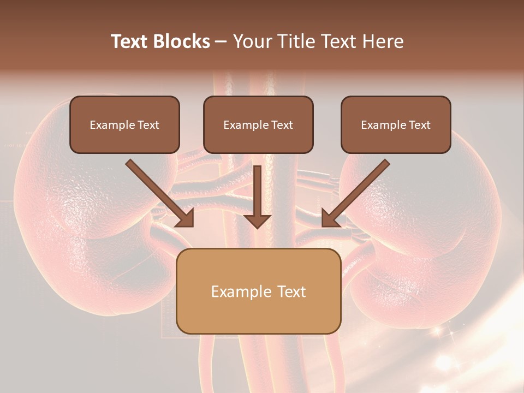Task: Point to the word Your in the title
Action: [x=253, y=41]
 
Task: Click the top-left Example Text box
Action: [x=124, y=124]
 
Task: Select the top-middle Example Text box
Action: [x=258, y=124]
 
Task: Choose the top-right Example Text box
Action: [x=396, y=124]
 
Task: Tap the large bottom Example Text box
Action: [x=258, y=291]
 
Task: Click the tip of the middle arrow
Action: [x=257, y=227]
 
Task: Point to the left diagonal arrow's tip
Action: [x=192, y=225]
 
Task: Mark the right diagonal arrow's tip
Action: [x=323, y=225]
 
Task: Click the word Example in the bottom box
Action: [x=240, y=291]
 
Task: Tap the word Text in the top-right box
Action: [x=419, y=125]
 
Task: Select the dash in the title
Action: [x=221, y=42]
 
